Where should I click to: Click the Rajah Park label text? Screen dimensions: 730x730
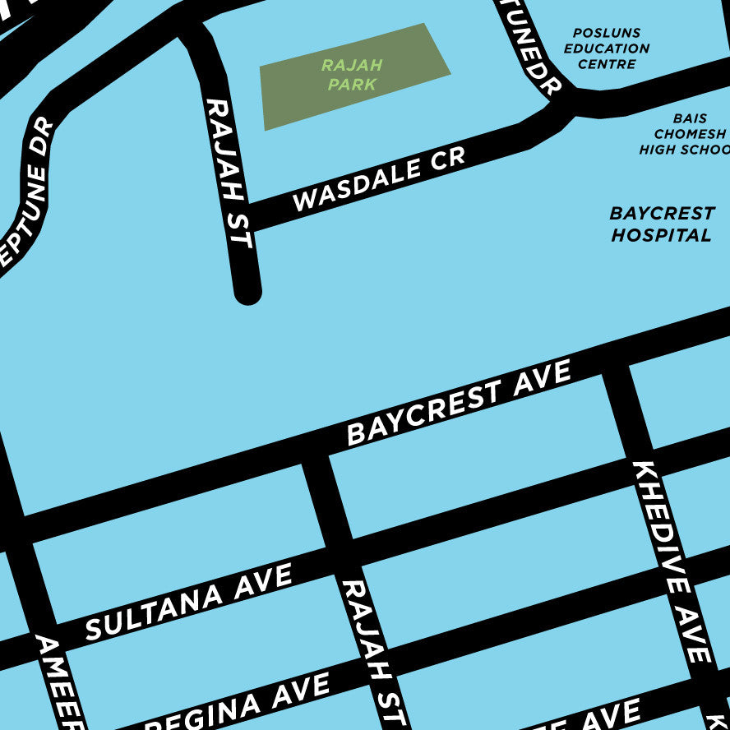point(352,74)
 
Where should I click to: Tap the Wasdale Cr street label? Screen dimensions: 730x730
point(379,179)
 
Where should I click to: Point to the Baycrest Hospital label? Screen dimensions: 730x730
point(661,224)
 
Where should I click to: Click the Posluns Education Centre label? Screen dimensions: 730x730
point(607,48)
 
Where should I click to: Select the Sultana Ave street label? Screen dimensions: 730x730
point(188,602)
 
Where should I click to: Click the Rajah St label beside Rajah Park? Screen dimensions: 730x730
point(227,173)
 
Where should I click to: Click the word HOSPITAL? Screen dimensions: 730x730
point(661,235)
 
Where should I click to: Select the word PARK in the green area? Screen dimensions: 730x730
point(352,84)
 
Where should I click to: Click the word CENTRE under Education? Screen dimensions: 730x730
point(607,63)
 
